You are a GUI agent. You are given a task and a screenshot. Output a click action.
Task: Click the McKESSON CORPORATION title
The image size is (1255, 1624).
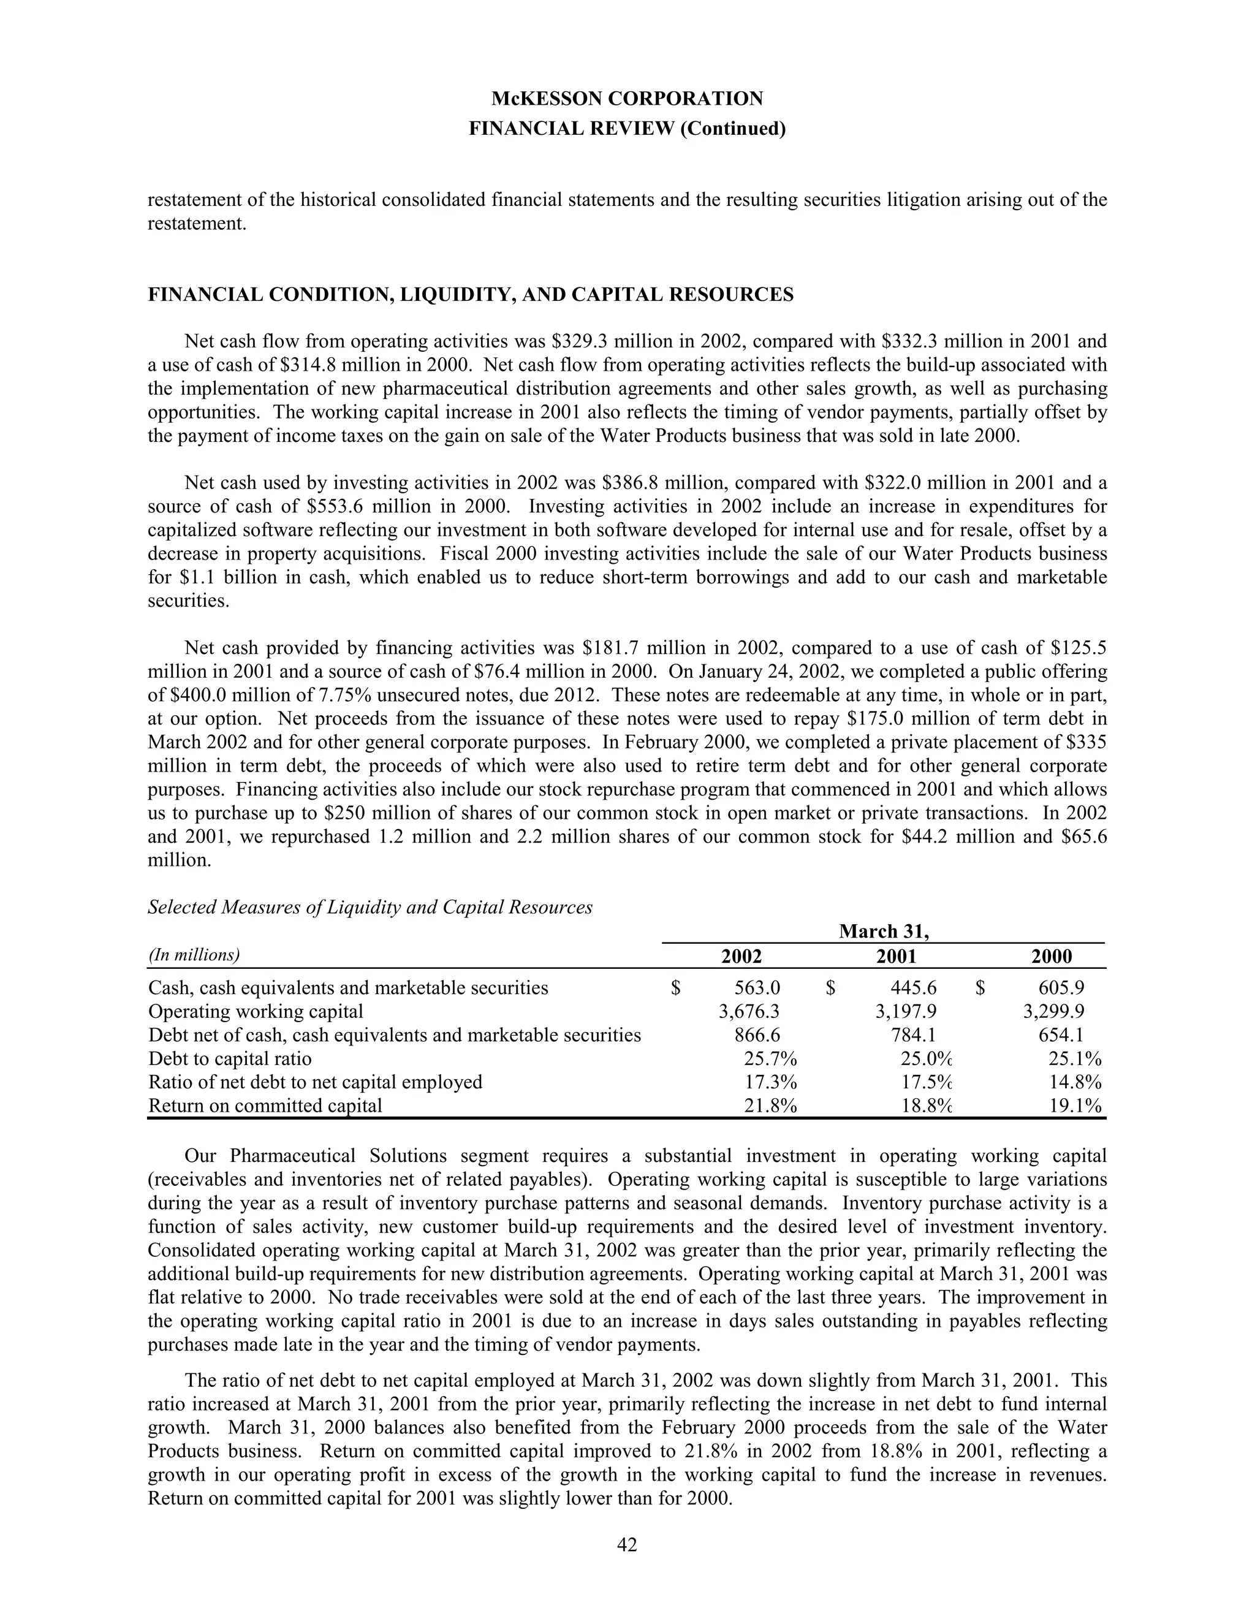coord(627,98)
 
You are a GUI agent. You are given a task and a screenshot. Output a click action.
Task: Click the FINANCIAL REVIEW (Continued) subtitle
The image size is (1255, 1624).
coord(627,129)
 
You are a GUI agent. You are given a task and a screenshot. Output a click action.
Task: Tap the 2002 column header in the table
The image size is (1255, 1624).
coord(741,956)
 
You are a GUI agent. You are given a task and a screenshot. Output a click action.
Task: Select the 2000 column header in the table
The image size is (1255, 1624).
coord(1052,956)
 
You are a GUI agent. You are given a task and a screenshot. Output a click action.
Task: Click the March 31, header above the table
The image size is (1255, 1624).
coord(884,932)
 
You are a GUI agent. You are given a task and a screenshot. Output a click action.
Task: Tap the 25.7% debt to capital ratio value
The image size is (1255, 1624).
coord(770,1059)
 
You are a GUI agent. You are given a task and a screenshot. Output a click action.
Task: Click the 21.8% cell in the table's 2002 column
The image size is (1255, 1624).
coord(770,1106)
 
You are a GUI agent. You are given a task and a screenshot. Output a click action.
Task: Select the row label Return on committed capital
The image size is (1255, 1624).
coord(265,1106)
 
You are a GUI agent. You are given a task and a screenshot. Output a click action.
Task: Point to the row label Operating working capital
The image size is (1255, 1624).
coord(256,1011)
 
